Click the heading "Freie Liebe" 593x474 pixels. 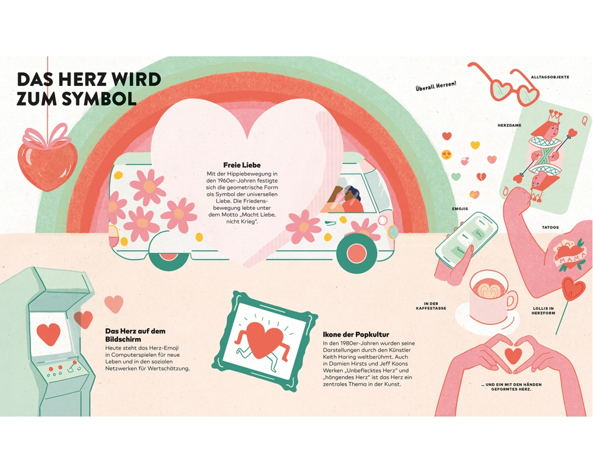click(242, 164)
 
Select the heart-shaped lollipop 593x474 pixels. click(573, 290)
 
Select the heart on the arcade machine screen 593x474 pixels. click(49, 334)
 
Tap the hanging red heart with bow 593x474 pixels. click(48, 160)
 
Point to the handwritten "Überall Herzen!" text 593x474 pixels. click(435, 87)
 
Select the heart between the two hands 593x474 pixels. click(513, 355)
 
